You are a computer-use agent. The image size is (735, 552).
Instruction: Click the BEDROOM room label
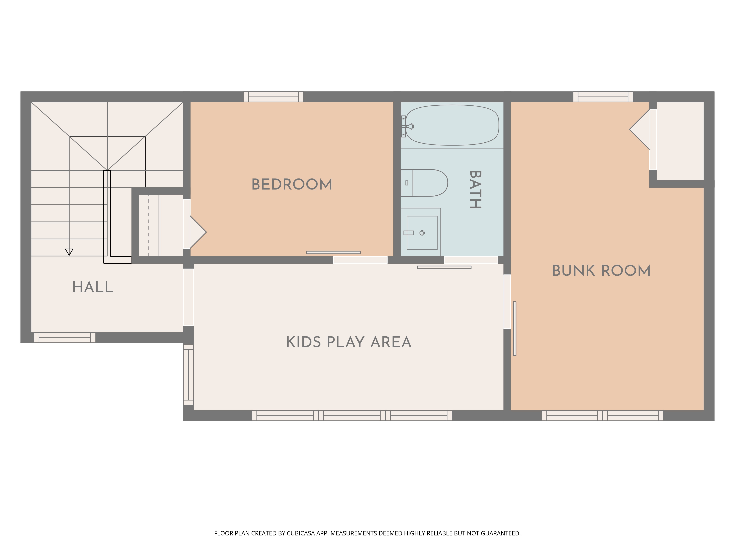(x=292, y=184)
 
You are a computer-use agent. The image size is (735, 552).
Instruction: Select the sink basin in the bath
(x=422, y=233)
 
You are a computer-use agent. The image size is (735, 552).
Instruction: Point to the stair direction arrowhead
(x=69, y=252)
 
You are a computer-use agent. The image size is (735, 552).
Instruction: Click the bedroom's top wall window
(x=273, y=97)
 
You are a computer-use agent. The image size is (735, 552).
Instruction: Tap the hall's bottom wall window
(x=65, y=337)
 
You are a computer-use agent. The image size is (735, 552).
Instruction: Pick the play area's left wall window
(x=188, y=375)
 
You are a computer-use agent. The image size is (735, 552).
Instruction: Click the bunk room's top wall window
(x=603, y=97)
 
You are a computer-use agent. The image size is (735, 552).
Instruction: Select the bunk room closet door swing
(x=640, y=129)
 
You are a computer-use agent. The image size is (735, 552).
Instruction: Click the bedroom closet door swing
(x=198, y=232)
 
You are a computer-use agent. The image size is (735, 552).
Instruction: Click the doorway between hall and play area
(x=188, y=297)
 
